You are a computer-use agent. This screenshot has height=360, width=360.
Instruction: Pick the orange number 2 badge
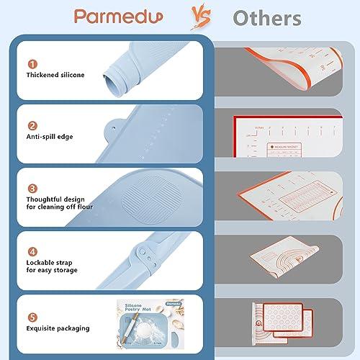32,125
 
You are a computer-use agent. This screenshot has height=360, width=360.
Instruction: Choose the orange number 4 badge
32,252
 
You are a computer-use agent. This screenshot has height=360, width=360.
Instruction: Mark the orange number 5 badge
32,316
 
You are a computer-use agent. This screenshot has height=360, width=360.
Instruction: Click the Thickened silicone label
55,74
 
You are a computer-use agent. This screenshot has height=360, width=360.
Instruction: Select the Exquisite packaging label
58,328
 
